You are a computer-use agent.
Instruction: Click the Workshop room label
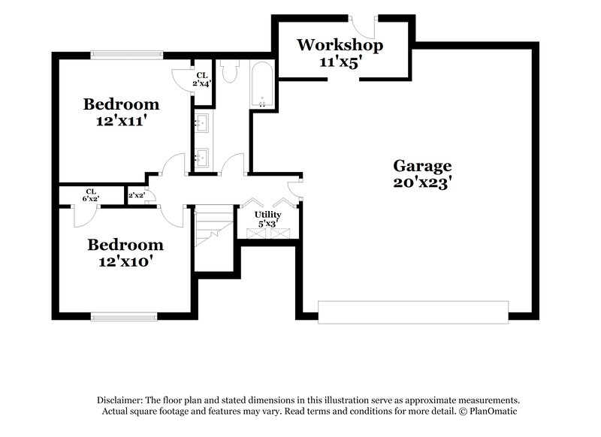[340, 45]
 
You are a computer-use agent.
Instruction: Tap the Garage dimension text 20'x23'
[422, 182]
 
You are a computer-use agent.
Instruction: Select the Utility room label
[267, 215]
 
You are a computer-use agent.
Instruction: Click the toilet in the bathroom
[230, 71]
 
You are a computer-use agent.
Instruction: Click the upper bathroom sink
[202, 122]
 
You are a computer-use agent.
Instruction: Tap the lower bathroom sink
[202, 157]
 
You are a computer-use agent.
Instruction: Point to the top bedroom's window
[126, 54]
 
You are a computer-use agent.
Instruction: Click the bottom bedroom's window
[124, 315]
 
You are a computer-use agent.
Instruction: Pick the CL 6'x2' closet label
[91, 194]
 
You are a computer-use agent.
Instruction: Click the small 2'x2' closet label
[136, 195]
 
